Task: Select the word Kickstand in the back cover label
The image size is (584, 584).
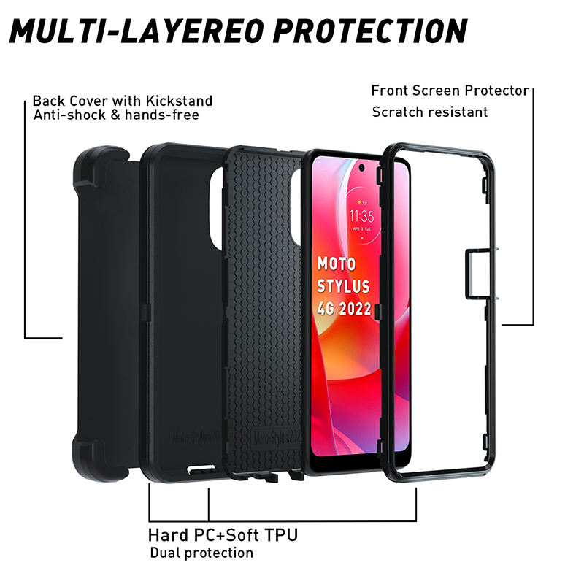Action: pyautogui.click(x=179, y=101)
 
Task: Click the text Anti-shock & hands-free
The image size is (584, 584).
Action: pyautogui.click(x=116, y=115)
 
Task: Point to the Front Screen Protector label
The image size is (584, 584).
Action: pyautogui.click(x=450, y=91)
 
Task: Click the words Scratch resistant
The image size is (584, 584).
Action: pyautogui.click(x=430, y=112)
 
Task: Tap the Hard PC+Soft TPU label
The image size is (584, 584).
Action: pyautogui.click(x=223, y=535)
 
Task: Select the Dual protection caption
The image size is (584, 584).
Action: pyautogui.click(x=201, y=553)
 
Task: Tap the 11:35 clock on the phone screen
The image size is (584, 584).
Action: pyautogui.click(x=361, y=215)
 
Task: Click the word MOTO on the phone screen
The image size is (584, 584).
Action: pyautogui.click(x=337, y=264)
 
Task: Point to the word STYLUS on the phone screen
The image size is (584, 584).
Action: pyautogui.click(x=344, y=285)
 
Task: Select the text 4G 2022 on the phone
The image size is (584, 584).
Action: pyautogui.click(x=345, y=308)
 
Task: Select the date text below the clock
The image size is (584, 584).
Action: pyautogui.click(x=361, y=228)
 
